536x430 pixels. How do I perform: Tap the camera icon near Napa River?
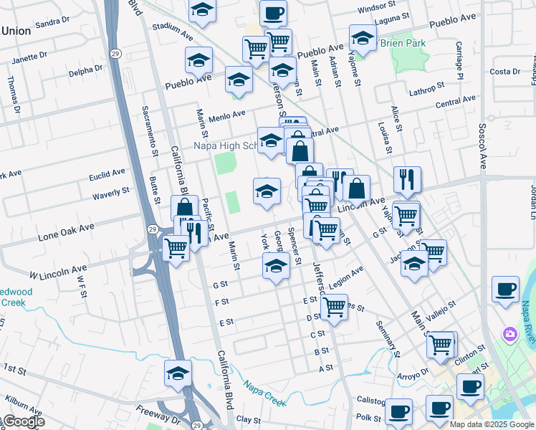(x=509, y=334)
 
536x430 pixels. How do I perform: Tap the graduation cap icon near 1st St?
(x=178, y=372)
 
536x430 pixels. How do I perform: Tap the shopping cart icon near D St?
(x=334, y=307)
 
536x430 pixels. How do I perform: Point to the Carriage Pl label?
(x=459, y=62)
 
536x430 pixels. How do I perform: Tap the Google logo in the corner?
(x=23, y=422)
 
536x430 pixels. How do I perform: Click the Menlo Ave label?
(x=227, y=114)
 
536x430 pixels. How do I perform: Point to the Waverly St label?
(x=111, y=193)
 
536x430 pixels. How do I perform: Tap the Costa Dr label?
(x=504, y=72)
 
